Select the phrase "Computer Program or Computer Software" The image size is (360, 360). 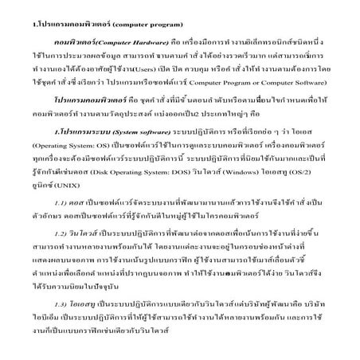pyautogui.click(x=270, y=83)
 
